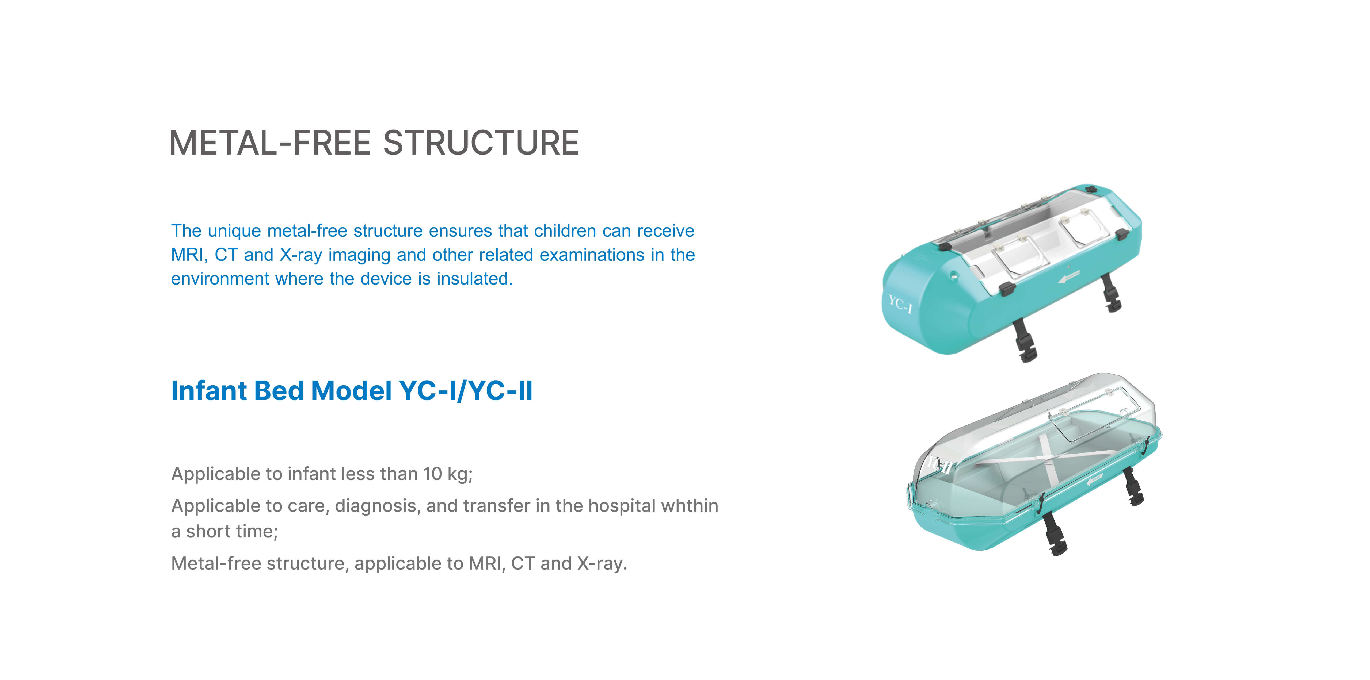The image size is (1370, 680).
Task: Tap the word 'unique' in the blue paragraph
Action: tap(234, 231)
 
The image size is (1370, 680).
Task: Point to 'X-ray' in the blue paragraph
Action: tap(301, 255)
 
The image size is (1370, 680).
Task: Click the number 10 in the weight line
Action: tap(432, 474)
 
